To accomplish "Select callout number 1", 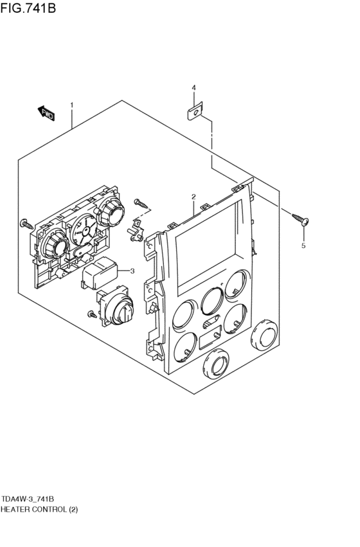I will coord(72,105).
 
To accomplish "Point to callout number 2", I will coord(193,197).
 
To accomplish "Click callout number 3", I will coord(132,271).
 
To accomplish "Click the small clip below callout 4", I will coord(195,112).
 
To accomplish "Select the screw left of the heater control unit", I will coord(26,224).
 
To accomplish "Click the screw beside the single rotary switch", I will coord(93,314).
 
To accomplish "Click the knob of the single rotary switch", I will coord(123,311).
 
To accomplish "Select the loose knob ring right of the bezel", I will coord(264,334).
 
